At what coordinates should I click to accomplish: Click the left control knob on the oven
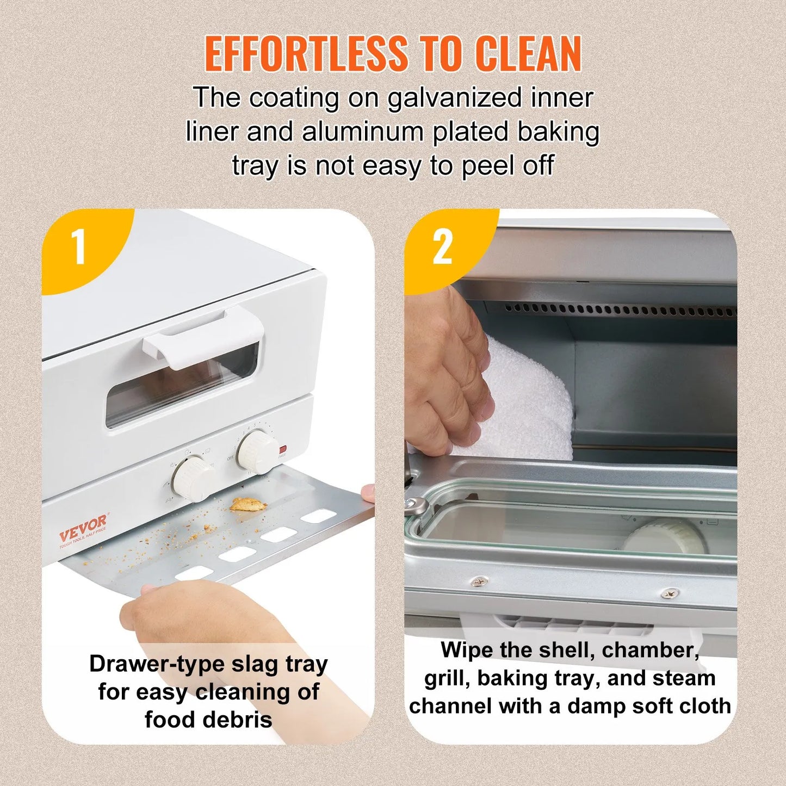point(193,478)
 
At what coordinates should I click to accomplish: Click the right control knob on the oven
point(258,451)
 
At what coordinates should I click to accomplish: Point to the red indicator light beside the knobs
point(282,450)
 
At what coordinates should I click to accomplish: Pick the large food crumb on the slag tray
point(247,504)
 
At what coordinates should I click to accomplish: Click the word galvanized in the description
point(455,98)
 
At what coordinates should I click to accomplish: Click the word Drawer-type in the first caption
point(157,664)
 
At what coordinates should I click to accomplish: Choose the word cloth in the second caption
point(703,706)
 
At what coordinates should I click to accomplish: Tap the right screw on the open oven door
point(670,593)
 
